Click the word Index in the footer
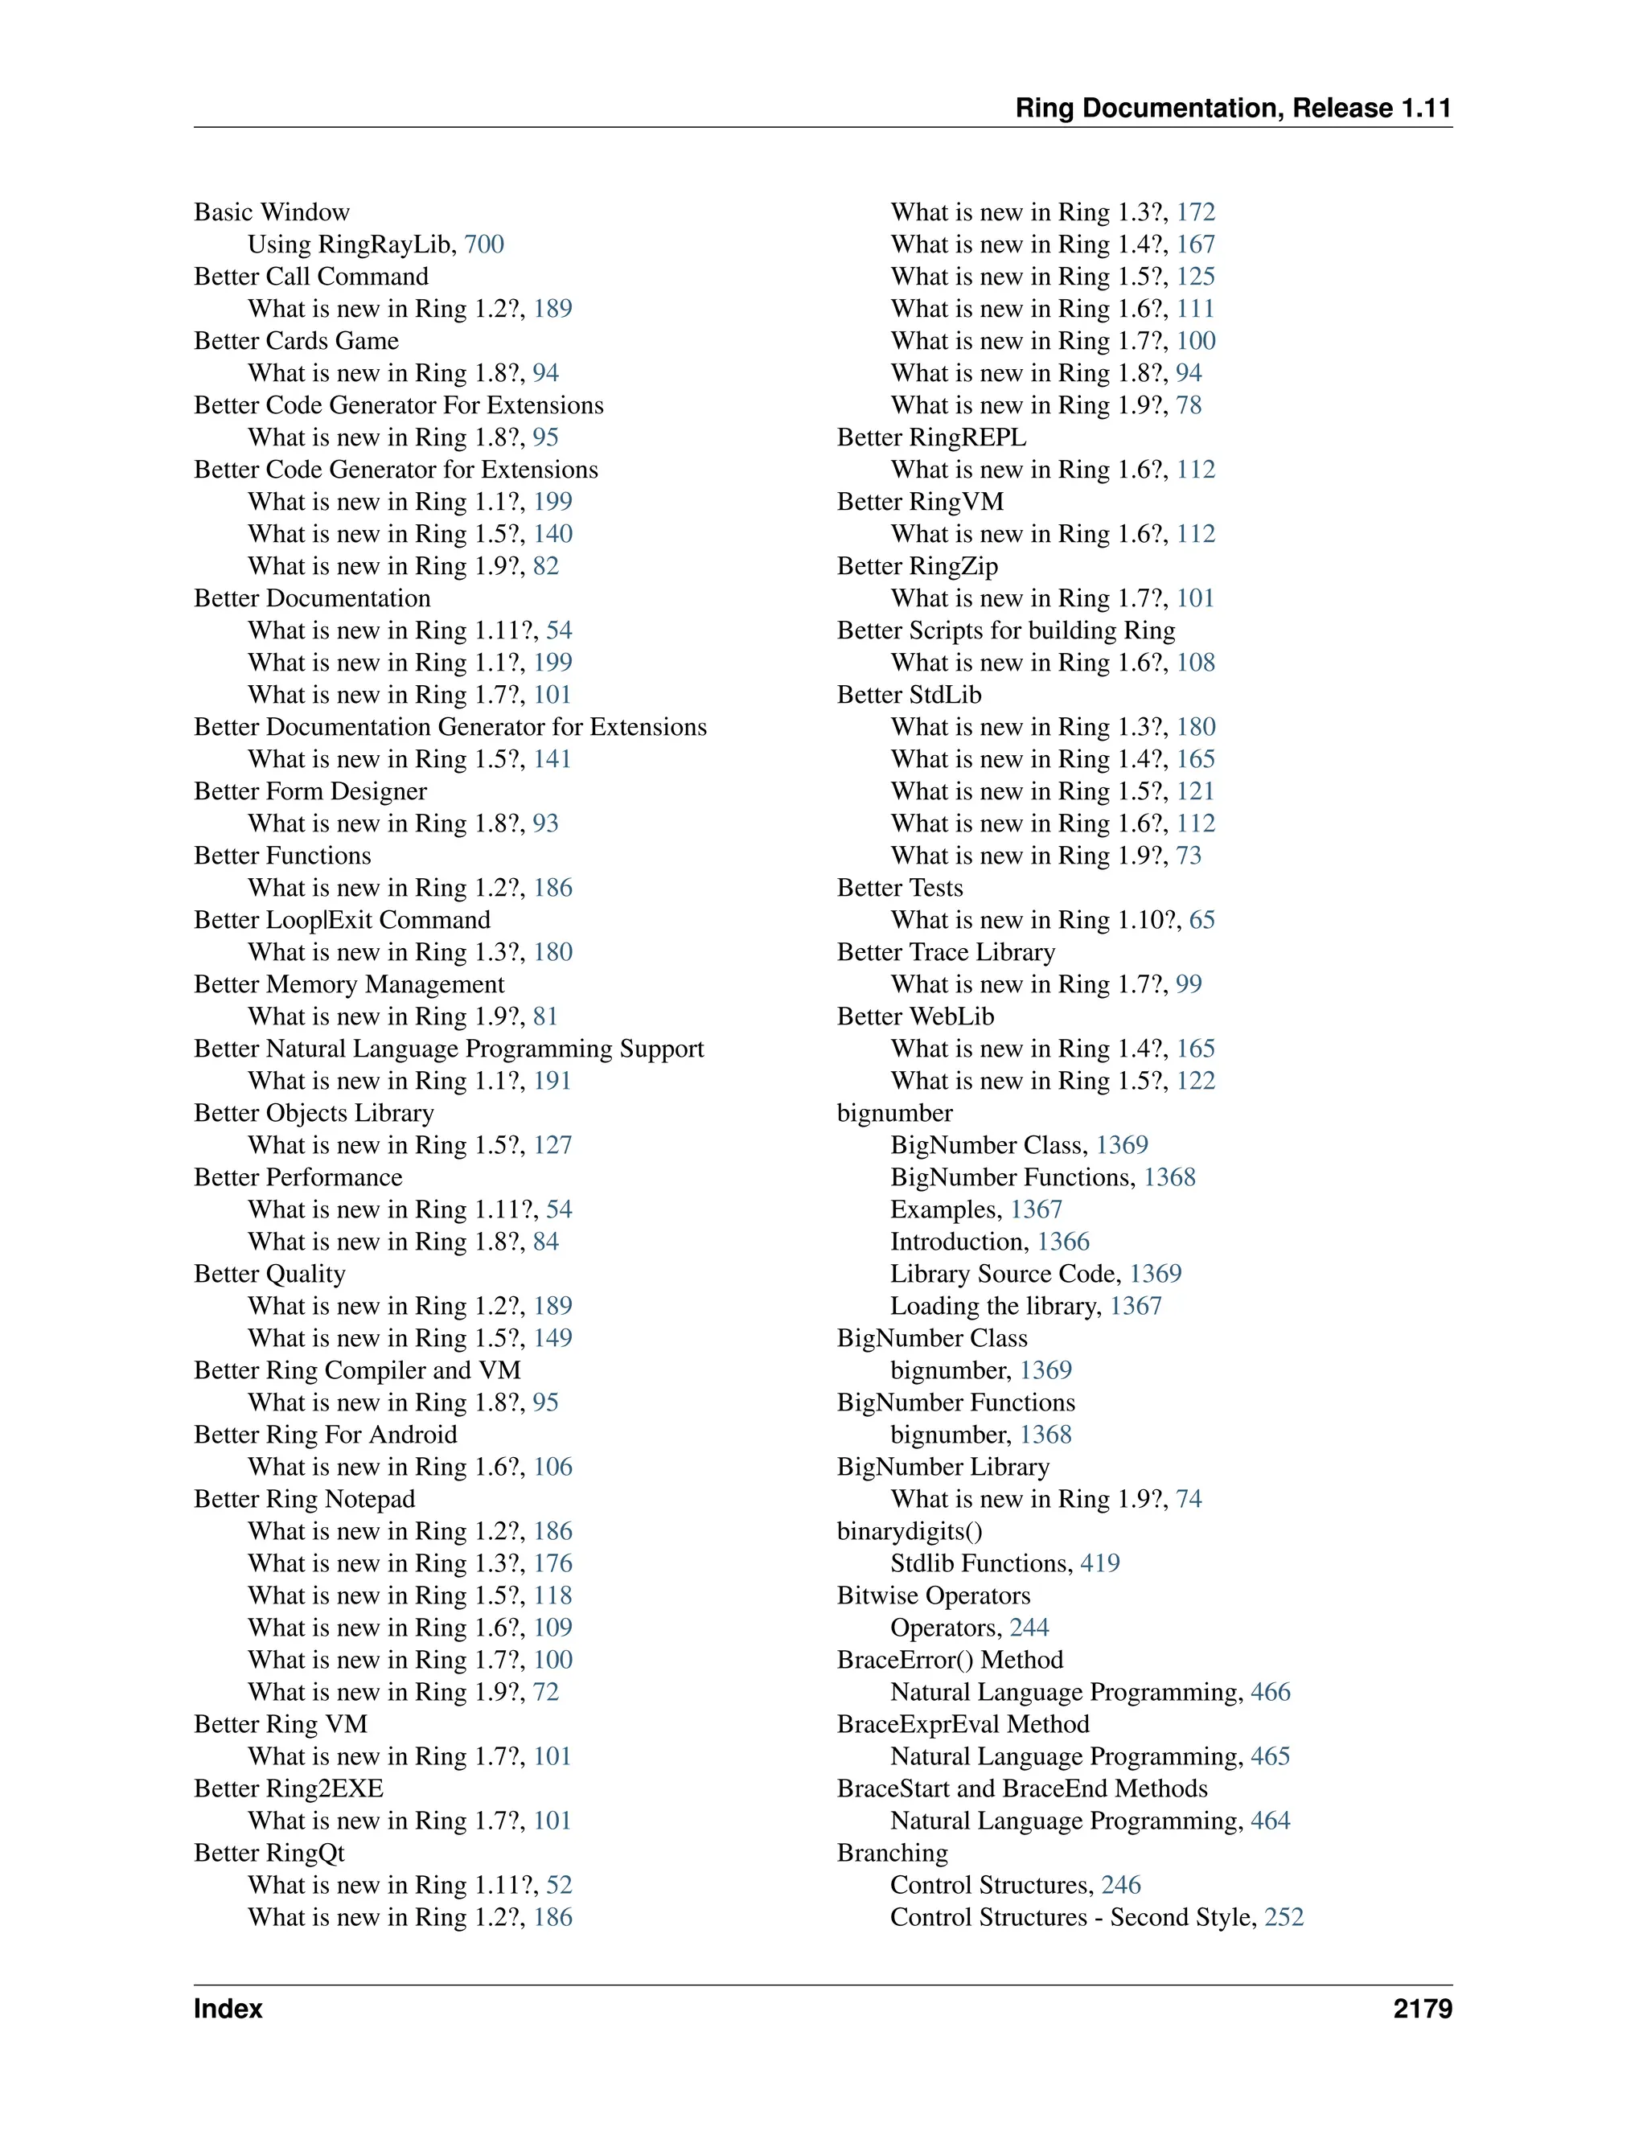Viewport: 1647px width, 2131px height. click(228, 2008)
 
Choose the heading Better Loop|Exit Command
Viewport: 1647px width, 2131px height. click(342, 919)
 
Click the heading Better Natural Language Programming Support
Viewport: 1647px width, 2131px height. click(448, 1048)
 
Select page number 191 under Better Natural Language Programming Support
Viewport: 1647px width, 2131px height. click(552, 1080)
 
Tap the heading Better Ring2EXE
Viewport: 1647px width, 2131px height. click(288, 1788)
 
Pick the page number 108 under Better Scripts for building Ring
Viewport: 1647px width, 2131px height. click(1195, 663)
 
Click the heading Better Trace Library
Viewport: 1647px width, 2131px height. click(946, 951)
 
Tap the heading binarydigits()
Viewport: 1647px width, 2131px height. click(910, 1531)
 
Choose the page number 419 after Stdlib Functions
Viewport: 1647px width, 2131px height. click(1099, 1563)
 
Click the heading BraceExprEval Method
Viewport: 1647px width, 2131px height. click(962, 1724)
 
